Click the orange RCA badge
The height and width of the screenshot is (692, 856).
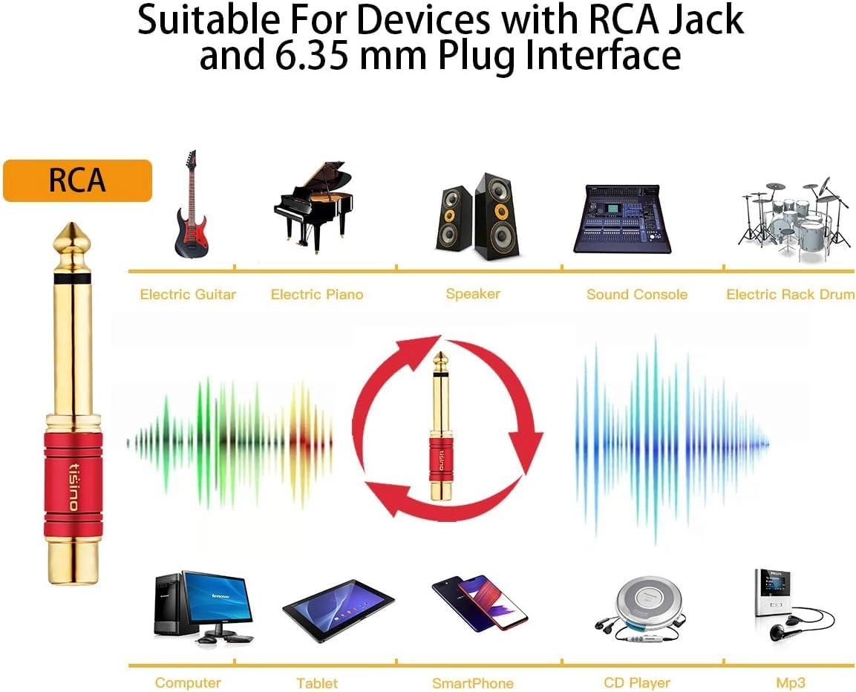pos(77,180)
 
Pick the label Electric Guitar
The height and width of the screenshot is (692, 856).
pos(188,295)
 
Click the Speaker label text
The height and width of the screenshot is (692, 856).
pos(473,294)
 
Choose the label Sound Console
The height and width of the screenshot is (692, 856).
pos(637,295)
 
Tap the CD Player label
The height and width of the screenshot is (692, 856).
pos(637,682)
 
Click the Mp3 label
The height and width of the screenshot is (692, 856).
pos(790,682)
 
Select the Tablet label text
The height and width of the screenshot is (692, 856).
pos(317,683)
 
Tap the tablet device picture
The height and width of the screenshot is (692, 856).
pos(339,610)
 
